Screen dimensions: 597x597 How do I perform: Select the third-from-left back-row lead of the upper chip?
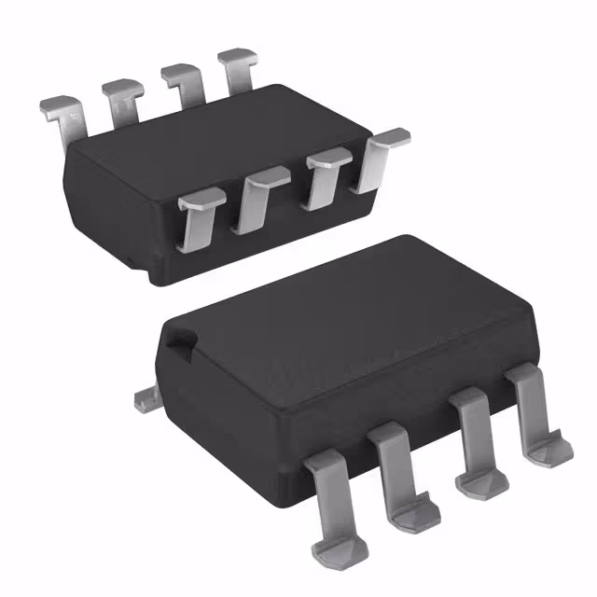coord(184,81)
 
